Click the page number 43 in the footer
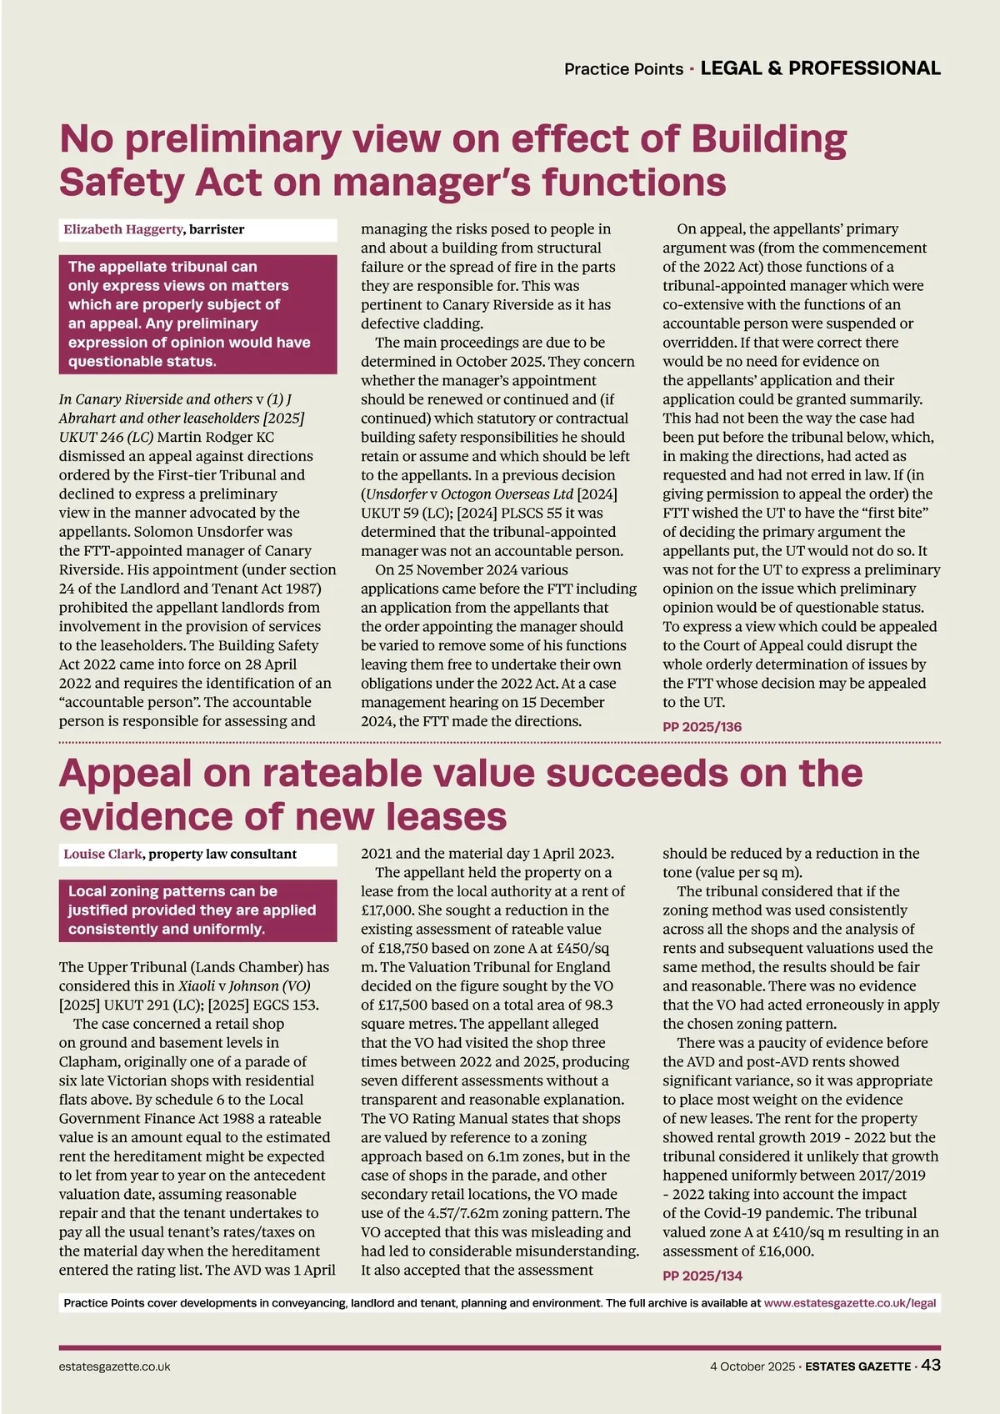pos(931,1365)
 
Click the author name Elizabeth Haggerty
pos(122,229)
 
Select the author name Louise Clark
pos(103,854)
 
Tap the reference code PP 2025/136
pos(702,726)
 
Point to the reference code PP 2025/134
pos(702,1276)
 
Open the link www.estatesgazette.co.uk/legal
pos(850,1302)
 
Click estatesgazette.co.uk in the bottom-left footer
pos(114,1366)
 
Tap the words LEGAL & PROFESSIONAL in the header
pos(820,68)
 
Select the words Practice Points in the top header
pos(623,69)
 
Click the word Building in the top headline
pos(768,139)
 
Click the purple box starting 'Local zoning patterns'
pos(197,910)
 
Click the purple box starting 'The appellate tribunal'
pos(197,313)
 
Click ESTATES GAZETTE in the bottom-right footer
pos(857,1366)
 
